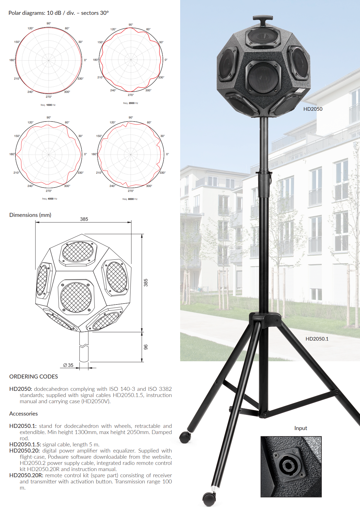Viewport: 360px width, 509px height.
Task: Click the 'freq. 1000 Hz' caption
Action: [48, 105]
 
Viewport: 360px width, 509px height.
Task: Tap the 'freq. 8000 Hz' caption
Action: [130, 199]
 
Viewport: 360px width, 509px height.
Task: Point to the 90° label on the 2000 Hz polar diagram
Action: [131, 25]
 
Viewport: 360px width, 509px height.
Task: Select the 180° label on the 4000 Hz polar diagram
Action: [12, 154]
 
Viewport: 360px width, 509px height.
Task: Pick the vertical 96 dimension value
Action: [146, 347]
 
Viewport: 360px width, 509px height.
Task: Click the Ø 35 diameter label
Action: [68, 365]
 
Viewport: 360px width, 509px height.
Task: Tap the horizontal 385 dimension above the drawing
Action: [84, 219]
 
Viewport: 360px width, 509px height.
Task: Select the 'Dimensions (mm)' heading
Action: [30, 215]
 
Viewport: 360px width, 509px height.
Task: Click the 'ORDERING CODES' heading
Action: [34, 377]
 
